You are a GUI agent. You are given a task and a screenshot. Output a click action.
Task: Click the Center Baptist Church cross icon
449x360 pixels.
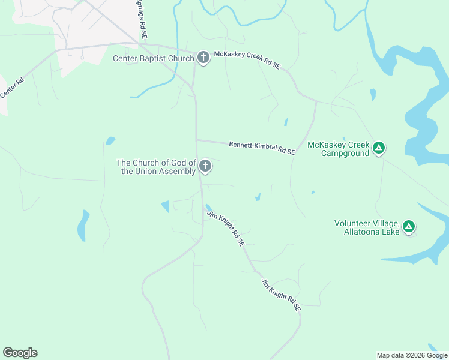203,58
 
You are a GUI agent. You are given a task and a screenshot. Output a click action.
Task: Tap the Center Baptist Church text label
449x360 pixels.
154,58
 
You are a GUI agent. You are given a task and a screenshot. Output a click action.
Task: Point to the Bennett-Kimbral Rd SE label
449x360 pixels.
262,148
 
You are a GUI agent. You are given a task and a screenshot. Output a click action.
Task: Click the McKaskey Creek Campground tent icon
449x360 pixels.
379,147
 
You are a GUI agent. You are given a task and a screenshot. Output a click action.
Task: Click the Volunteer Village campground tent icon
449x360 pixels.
408,226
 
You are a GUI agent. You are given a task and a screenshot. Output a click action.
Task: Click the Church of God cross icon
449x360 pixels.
205,166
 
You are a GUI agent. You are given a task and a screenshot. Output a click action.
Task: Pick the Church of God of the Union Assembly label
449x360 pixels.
157,167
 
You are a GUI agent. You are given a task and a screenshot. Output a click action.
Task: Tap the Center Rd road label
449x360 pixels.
11,88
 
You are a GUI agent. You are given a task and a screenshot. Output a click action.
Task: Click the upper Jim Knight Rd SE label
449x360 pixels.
226,229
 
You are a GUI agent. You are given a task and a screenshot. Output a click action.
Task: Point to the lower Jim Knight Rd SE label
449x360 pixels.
280,295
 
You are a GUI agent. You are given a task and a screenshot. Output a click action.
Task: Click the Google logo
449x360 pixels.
20,353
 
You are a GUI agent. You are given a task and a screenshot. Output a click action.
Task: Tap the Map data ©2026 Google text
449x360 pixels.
412,355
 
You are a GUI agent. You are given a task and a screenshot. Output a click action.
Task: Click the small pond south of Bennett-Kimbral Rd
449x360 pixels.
258,197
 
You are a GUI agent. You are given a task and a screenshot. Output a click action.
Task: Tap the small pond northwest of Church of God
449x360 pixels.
110,141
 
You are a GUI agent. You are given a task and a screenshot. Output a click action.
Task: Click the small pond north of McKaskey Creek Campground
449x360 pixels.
373,94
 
